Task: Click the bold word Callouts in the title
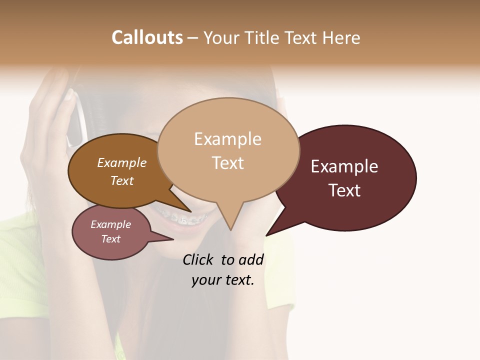coord(147,37)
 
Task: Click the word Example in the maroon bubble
coord(344,166)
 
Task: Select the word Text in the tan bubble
coord(227,163)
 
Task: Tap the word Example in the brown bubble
coord(122,162)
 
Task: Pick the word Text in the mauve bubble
coord(111,239)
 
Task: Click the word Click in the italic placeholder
coord(199,259)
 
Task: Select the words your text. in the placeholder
coord(223,280)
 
